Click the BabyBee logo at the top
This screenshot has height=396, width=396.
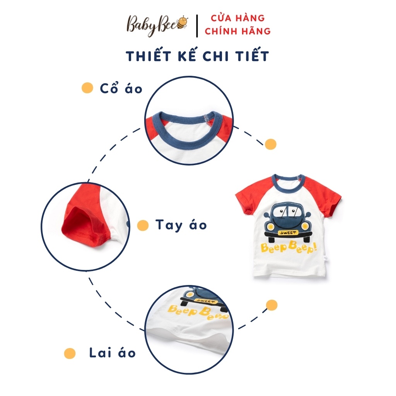(x=157, y=25)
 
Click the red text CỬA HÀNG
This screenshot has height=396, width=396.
(x=238, y=18)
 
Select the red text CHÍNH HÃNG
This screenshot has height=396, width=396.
(x=238, y=31)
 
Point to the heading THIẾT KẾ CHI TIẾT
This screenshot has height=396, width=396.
(x=197, y=56)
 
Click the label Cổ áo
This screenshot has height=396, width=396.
(x=121, y=89)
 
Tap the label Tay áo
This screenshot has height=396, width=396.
(x=181, y=225)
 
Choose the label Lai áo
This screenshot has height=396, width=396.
(x=113, y=353)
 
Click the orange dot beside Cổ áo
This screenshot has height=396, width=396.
(x=87, y=88)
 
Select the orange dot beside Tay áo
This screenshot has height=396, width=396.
(x=143, y=225)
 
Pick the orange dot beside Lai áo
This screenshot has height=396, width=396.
(x=70, y=353)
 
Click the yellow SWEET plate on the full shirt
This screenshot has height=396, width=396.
(x=288, y=232)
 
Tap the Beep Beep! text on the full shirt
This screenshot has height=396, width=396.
(x=288, y=247)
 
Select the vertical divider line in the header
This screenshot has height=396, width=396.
(x=197, y=26)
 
